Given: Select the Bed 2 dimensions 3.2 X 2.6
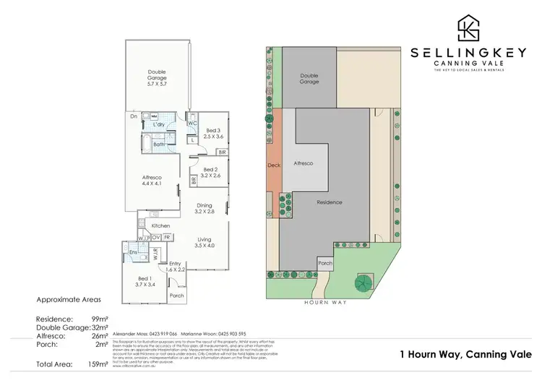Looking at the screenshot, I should (210, 175).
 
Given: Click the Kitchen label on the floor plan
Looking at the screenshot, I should (160, 225).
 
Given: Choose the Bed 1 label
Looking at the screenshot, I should (144, 278).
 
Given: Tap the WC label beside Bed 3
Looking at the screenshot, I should (192, 124).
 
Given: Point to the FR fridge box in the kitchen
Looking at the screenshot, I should (167, 237).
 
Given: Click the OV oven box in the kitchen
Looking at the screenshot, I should (155, 237).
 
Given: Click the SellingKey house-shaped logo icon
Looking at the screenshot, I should (468, 28).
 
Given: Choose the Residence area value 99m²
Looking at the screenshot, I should (98, 318).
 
